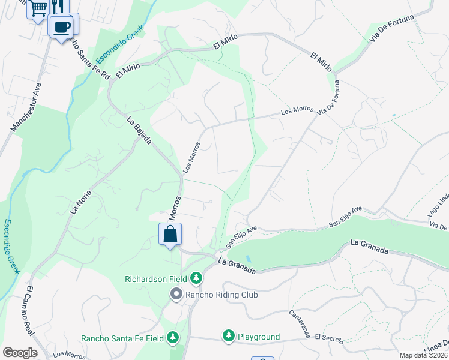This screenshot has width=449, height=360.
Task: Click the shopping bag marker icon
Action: tap(170, 233)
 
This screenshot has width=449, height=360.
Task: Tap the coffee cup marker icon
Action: tap(63, 26)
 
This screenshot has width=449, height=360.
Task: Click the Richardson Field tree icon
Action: tap(196, 278)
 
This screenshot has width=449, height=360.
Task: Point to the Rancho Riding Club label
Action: tap(221, 295)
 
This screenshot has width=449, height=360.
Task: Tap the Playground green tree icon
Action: tap(228, 336)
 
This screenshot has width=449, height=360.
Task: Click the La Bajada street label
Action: tap(139, 130)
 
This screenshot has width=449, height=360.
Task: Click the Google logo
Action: tap(19, 353)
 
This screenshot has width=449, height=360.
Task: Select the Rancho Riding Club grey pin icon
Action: tap(176, 294)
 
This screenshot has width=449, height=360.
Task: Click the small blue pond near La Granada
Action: tap(249, 258)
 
